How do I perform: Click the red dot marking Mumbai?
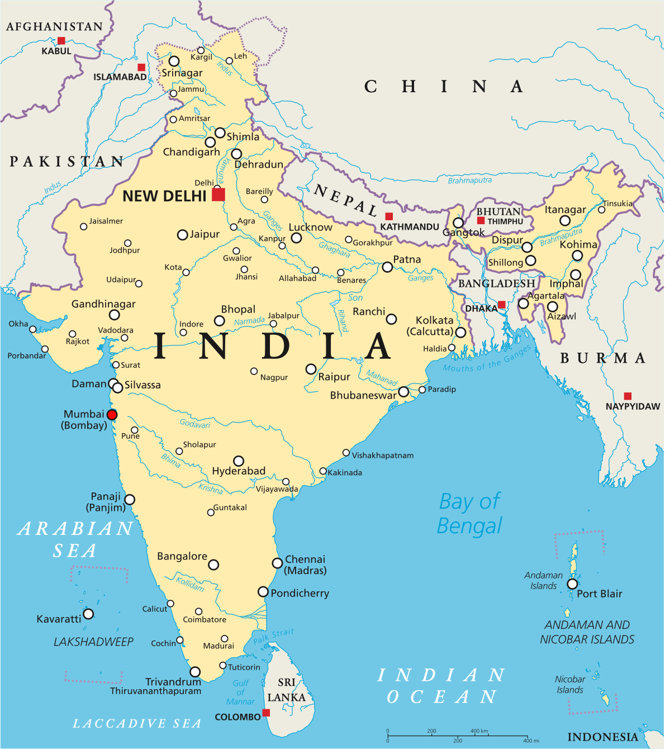pos(112,415)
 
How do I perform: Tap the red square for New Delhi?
pos(218,195)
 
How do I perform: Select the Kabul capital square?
pos(61,41)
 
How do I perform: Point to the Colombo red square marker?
pos(266,713)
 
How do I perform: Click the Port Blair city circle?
pos(572,584)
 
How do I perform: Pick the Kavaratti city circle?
pos(88,614)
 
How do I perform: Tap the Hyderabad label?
pos(239,471)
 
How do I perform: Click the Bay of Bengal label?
pos(469,514)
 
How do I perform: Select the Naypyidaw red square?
pos(628,396)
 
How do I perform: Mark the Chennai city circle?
pos(277,563)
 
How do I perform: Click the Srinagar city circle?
pos(174,61)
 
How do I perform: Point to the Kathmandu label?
pos(410,227)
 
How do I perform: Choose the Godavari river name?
pos(195,424)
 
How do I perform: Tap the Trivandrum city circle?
pos(195,672)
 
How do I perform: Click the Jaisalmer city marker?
pos(84,226)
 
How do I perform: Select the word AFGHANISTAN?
pos(54,27)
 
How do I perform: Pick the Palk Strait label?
pos(273,636)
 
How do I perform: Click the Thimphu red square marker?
pos(481,220)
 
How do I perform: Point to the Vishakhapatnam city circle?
pos(346,453)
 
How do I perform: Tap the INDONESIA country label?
pos(602,737)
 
